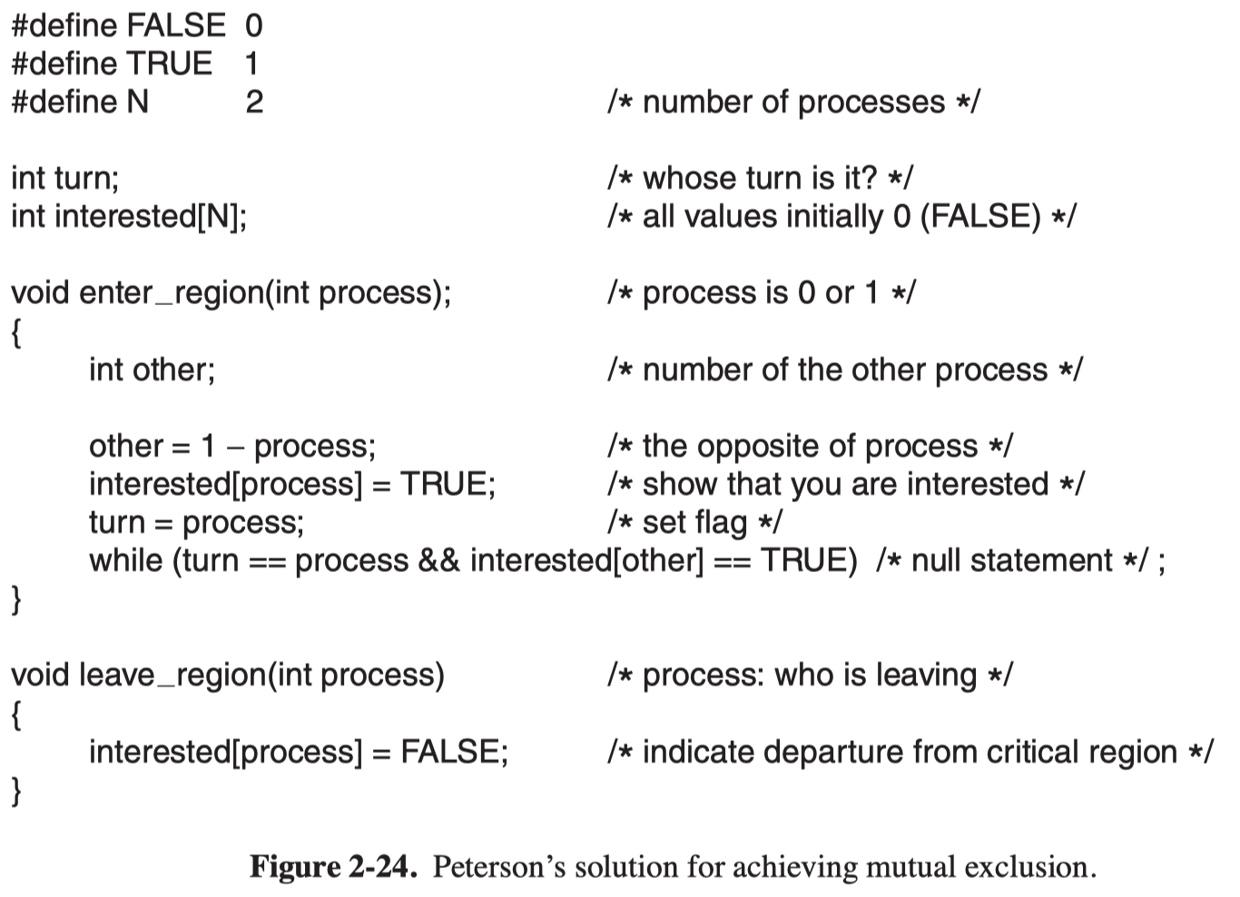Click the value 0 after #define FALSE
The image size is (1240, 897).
254,25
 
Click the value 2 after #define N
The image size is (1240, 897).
254,102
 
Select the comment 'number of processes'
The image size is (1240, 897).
793,103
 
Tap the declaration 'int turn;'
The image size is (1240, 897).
64,178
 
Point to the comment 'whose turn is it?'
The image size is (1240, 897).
760,178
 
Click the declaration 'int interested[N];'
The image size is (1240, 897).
129,216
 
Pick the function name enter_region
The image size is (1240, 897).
172,293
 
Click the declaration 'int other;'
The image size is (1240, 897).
153,370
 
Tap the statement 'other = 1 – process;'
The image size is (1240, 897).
232,447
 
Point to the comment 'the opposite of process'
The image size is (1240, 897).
811,447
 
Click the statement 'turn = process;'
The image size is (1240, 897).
196,523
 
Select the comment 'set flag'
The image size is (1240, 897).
694,523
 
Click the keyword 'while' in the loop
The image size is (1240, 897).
126,560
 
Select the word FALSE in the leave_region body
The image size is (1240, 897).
450,752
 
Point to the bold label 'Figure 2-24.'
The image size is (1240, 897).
333,866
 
